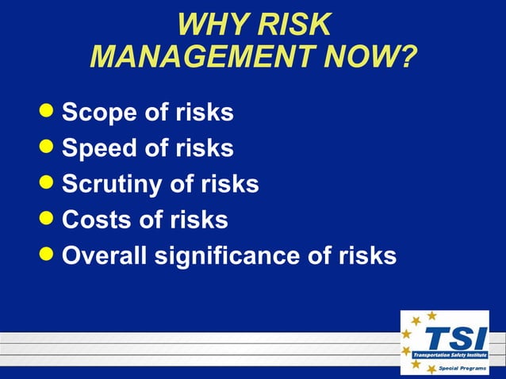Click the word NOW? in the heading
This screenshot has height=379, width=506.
(x=372, y=57)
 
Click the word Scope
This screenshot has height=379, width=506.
(x=98, y=113)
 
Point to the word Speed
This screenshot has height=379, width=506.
(x=98, y=148)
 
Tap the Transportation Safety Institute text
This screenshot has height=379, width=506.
(x=450, y=355)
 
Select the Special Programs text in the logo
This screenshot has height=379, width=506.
(x=463, y=369)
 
